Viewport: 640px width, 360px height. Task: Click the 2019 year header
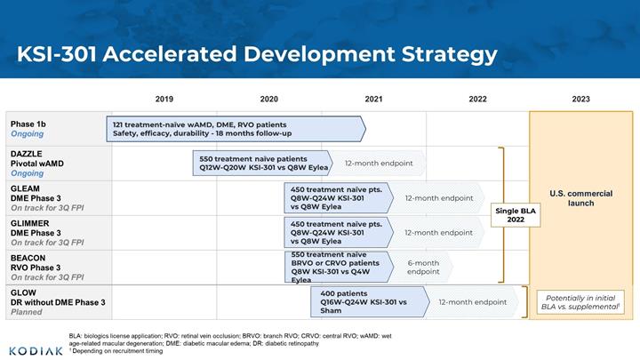pyautogui.click(x=164, y=99)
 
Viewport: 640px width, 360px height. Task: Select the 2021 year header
pyautogui.click(x=373, y=99)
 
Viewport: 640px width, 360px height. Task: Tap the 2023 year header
pyautogui.click(x=580, y=99)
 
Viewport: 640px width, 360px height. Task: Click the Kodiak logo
pyautogui.click(x=36, y=351)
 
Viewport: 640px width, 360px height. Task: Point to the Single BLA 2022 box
pyautogui.click(x=516, y=215)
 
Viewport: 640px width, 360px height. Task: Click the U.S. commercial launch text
pyautogui.click(x=580, y=198)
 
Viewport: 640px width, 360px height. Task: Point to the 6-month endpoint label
pyautogui.click(x=423, y=268)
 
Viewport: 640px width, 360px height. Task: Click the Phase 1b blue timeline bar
pyautogui.click(x=236, y=129)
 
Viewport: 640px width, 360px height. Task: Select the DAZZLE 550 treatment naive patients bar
pyautogui.click(x=263, y=164)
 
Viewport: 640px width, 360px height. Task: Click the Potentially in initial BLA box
pyautogui.click(x=580, y=302)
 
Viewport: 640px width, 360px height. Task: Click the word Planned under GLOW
pyautogui.click(x=27, y=312)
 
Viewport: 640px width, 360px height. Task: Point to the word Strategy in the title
pyautogui.click(x=450, y=54)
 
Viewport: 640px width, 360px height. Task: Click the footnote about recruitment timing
pyautogui.click(x=116, y=351)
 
